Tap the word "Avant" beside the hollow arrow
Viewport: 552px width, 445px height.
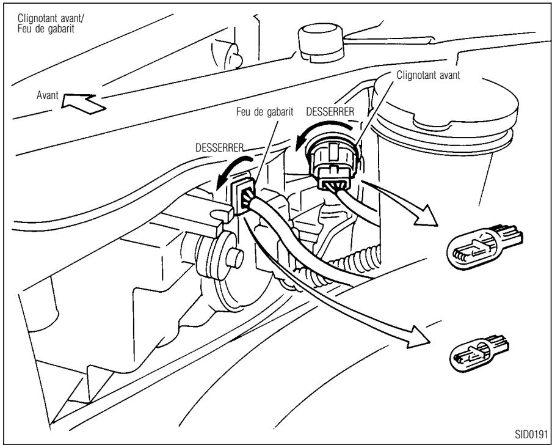point(47,95)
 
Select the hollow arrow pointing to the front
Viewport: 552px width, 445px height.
point(83,103)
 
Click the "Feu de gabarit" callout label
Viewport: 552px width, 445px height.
point(265,112)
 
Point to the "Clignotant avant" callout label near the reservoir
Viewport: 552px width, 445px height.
point(428,75)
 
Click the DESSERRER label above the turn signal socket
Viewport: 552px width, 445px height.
point(330,112)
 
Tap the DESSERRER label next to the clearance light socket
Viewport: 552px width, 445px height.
point(219,147)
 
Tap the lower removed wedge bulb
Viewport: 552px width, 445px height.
point(479,352)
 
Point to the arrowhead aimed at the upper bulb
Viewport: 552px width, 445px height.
point(427,216)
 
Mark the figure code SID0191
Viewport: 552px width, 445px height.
point(531,433)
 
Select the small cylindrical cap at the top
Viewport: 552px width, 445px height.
point(321,43)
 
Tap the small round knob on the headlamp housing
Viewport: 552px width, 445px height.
point(234,259)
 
